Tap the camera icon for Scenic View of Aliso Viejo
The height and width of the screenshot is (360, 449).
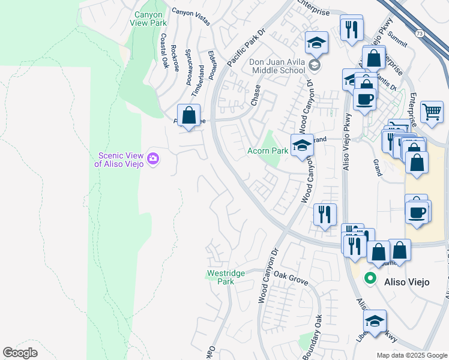153,158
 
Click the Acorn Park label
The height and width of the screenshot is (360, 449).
267,151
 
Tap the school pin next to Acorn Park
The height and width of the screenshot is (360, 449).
302,145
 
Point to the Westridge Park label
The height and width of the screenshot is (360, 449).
225,277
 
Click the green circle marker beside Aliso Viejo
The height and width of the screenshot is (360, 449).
370,278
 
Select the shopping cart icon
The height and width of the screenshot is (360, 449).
432,112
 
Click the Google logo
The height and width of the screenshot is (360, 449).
20,353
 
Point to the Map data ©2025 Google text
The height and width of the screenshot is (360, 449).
411,355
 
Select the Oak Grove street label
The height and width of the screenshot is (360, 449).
291,278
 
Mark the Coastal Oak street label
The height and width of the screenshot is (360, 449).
164,50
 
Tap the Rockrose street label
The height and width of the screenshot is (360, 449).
174,58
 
